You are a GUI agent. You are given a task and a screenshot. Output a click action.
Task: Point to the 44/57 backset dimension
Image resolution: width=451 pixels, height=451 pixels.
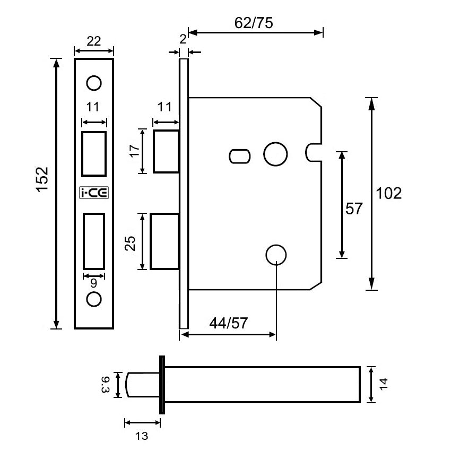tap(228, 323)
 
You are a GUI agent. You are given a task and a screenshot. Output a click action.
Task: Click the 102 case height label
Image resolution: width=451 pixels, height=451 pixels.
tap(388, 194)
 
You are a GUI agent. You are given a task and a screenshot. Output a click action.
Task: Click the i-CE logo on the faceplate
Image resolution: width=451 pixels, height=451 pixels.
tap(93, 193)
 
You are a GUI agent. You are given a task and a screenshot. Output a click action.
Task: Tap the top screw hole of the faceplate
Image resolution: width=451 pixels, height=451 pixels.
tap(94, 83)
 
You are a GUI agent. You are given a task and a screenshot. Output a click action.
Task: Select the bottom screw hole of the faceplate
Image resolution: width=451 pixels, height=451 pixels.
tap(94, 299)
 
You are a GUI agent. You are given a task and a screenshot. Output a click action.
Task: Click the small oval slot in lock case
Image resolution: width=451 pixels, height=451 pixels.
tap(239, 156)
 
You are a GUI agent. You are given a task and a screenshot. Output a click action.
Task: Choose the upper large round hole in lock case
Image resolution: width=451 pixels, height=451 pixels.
tap(276, 154)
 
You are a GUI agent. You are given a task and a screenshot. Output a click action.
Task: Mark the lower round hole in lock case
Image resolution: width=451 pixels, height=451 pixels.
tap(276, 255)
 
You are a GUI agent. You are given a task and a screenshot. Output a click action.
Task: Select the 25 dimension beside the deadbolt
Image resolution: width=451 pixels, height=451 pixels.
tap(131, 242)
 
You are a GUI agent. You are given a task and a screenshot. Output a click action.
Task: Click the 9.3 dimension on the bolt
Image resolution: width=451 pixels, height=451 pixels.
tap(106, 385)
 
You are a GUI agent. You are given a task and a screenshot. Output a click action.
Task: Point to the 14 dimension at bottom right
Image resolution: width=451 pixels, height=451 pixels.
tap(384, 385)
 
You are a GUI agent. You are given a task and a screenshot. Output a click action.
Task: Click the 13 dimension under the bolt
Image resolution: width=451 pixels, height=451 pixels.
tap(141, 436)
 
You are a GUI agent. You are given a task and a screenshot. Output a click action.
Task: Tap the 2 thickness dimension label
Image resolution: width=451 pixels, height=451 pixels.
tap(183, 38)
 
